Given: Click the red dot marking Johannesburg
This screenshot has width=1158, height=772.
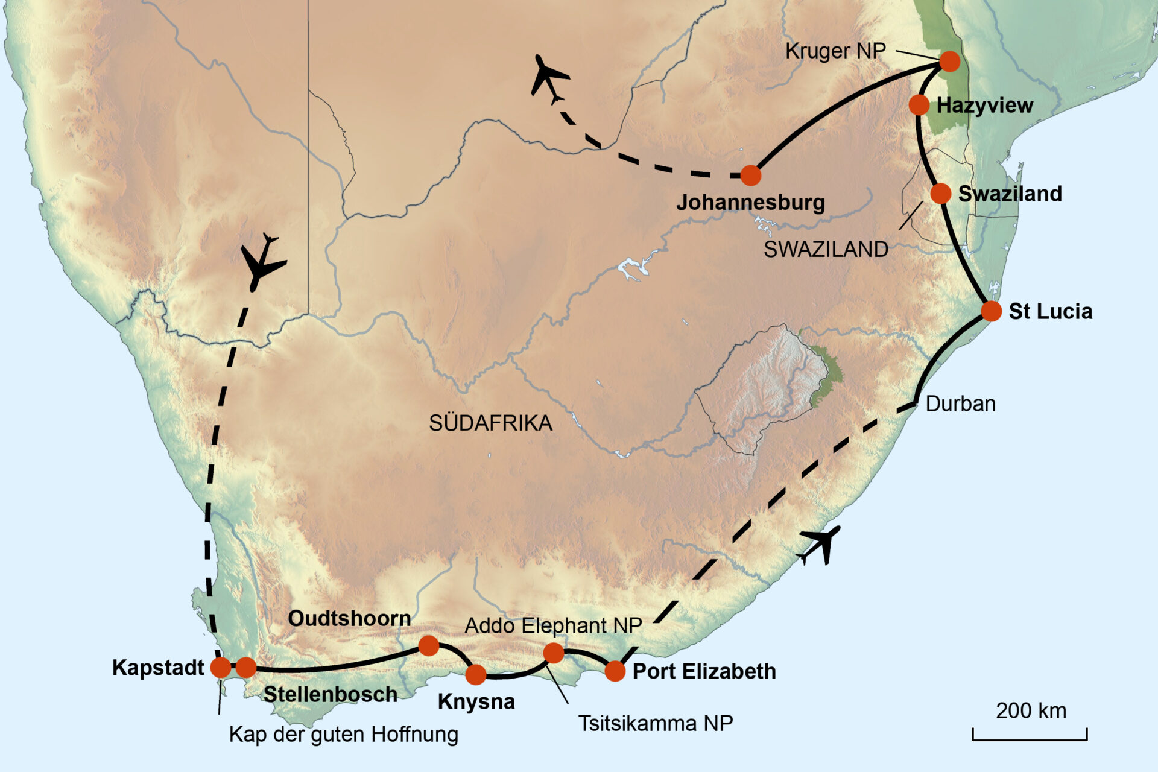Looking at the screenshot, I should pyautogui.click(x=750, y=176).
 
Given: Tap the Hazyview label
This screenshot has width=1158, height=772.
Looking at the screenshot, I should pyautogui.click(x=984, y=106).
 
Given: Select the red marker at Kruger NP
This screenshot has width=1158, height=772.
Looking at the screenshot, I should pyautogui.click(x=949, y=61).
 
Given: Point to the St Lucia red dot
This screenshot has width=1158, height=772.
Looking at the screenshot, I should pyautogui.click(x=991, y=311).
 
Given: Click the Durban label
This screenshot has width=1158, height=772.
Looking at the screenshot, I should pyautogui.click(x=960, y=403).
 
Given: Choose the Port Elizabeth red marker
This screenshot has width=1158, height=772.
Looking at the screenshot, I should pyautogui.click(x=615, y=671).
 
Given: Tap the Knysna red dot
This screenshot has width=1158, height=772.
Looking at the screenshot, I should pyautogui.click(x=476, y=674).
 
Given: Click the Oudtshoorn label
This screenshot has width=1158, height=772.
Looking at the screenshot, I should pyautogui.click(x=349, y=618).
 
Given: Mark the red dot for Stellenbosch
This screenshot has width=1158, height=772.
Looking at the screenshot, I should pyautogui.click(x=245, y=667).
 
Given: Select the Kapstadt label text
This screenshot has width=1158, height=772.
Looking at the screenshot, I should pyautogui.click(x=158, y=668).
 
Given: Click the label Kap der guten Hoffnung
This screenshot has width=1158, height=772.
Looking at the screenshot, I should pyautogui.click(x=344, y=735).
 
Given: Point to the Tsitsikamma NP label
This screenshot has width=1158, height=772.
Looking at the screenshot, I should pyautogui.click(x=656, y=723).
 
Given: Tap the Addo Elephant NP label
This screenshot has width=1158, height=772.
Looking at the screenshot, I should pyautogui.click(x=553, y=625).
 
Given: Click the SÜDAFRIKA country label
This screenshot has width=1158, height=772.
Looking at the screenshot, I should pyautogui.click(x=490, y=423).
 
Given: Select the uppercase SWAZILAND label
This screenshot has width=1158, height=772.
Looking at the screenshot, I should pyautogui.click(x=826, y=249).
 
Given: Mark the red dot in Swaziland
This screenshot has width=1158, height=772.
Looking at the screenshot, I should pyautogui.click(x=940, y=194).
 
